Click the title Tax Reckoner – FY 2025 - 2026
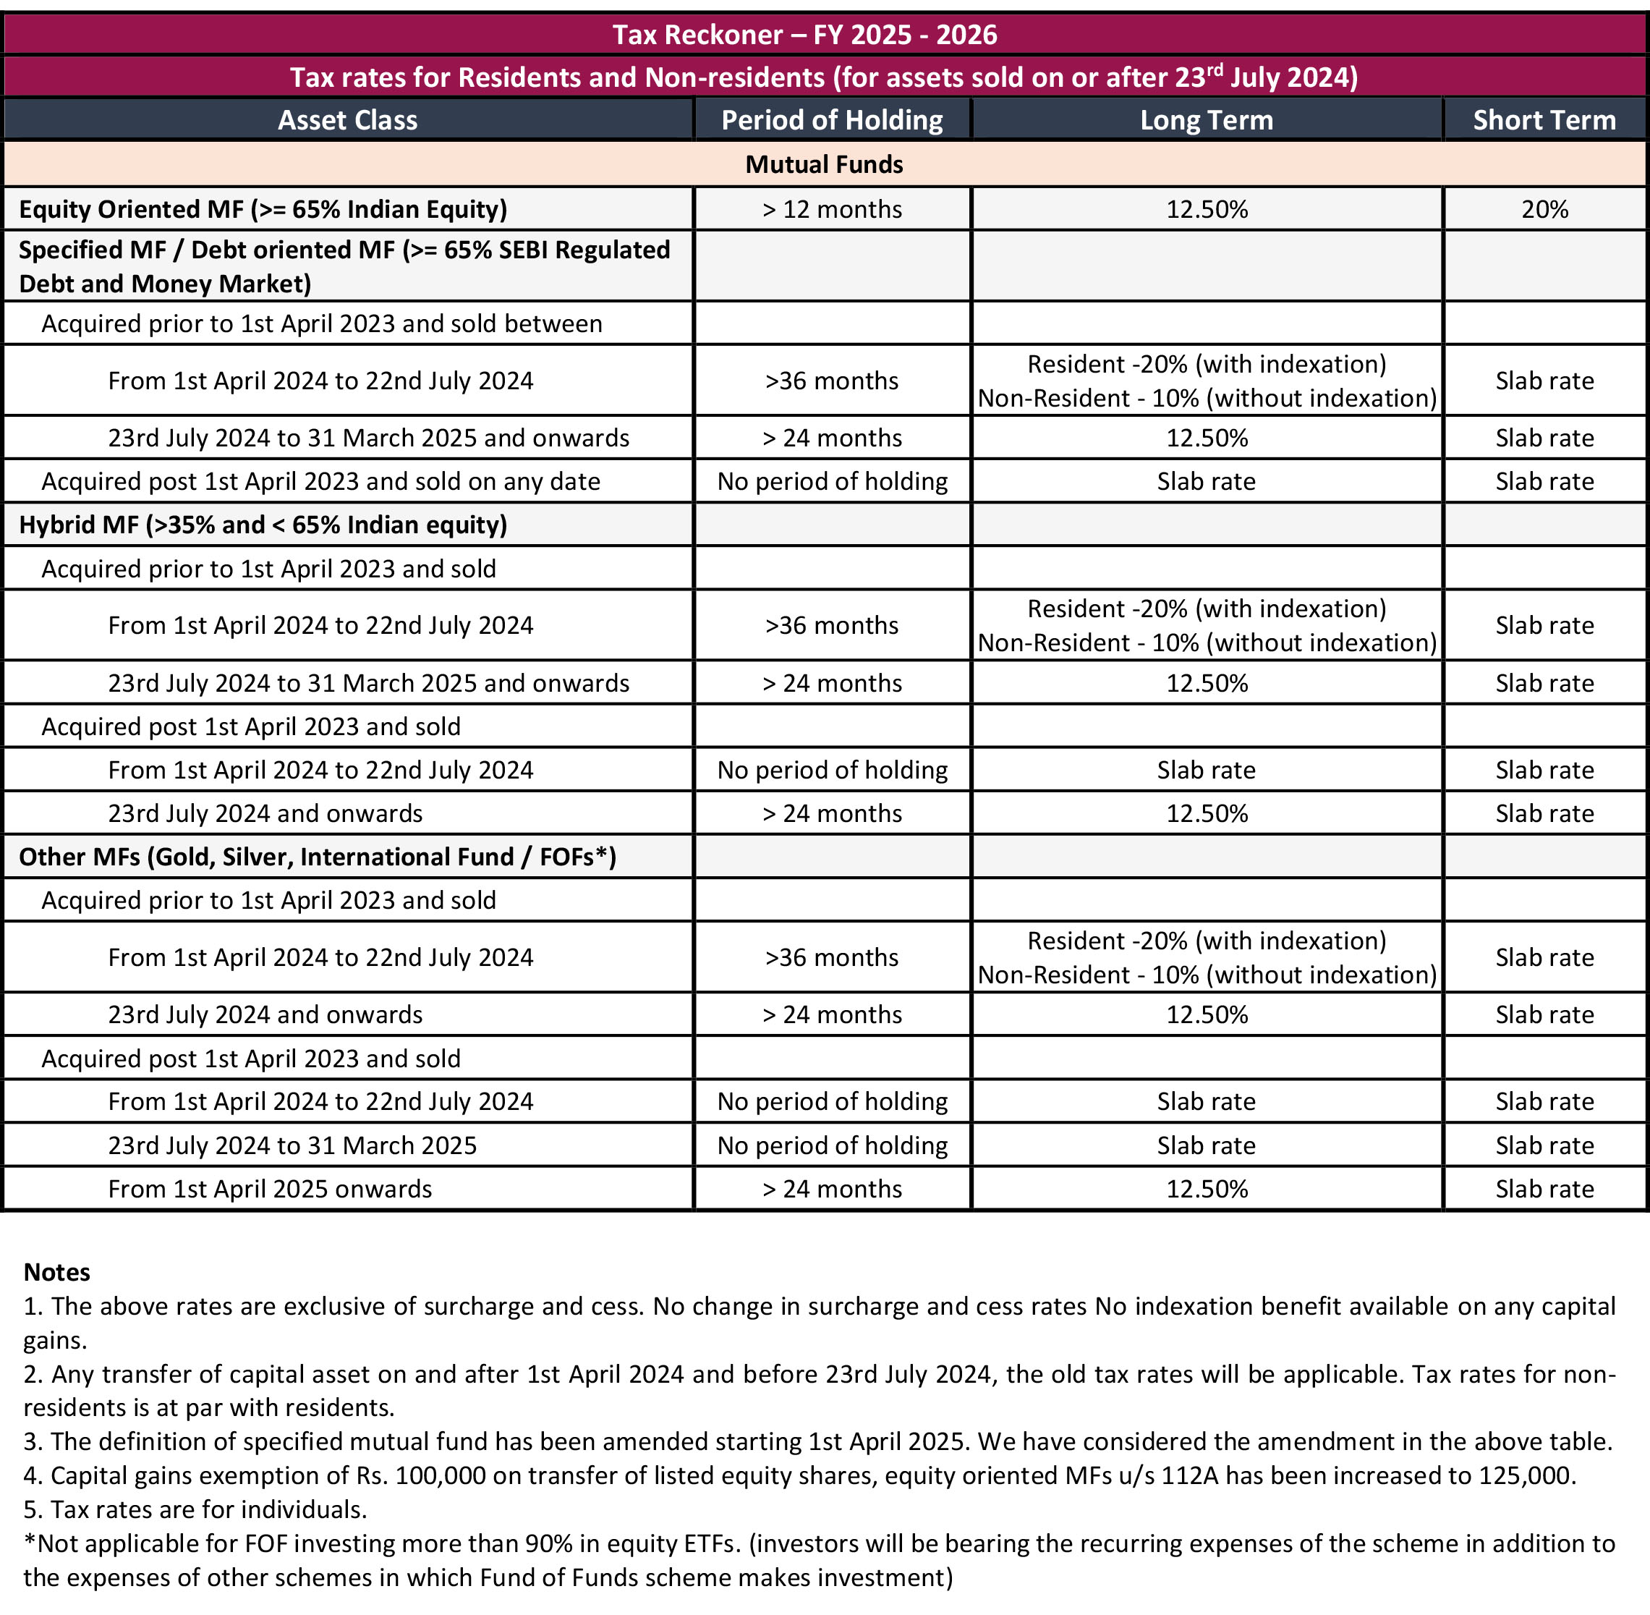[x=804, y=35]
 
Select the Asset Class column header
[x=348, y=119]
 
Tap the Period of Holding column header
[x=831, y=119]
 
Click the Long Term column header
[x=1206, y=119]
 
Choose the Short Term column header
[x=1543, y=119]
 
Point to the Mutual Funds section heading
[x=824, y=164]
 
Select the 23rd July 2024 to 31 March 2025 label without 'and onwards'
[x=292, y=1145]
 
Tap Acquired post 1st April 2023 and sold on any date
[x=320, y=481]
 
